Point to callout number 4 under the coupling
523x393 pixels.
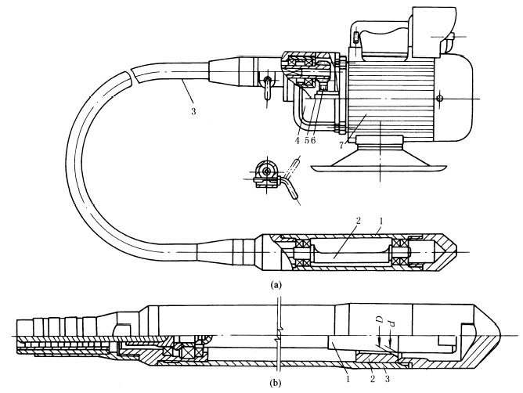coord(298,141)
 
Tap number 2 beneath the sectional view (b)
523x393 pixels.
coord(372,378)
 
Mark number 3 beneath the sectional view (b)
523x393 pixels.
coord(388,378)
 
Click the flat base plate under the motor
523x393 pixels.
coord(375,165)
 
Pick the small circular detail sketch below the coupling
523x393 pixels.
coord(265,170)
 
